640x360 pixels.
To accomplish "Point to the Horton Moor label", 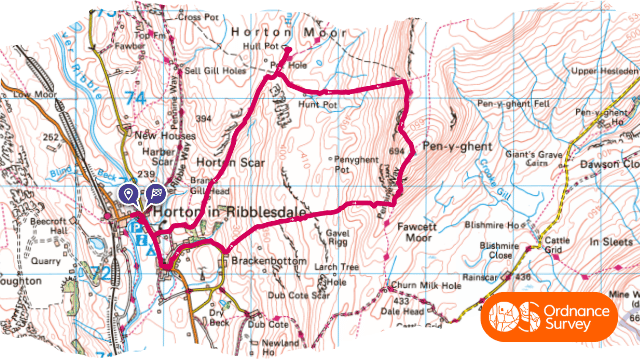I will tap(264, 31).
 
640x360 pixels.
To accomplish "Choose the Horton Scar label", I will tap(216, 161).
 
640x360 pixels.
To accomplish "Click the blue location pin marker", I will tap(128, 194).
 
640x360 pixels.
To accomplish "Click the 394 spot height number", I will tap(204, 120).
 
